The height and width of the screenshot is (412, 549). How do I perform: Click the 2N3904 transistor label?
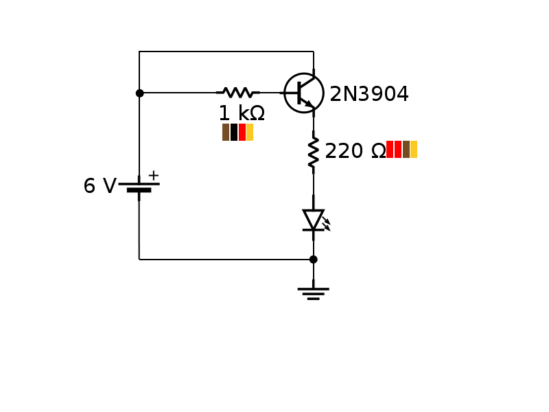pyautogui.click(x=369, y=94)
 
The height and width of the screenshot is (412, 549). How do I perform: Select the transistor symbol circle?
pyautogui.click(x=304, y=93)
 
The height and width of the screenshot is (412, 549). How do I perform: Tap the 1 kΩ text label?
pyautogui.click(x=241, y=113)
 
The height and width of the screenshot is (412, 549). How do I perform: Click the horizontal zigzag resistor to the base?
pyautogui.click(x=238, y=93)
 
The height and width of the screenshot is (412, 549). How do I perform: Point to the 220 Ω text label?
pyautogui.click(x=355, y=151)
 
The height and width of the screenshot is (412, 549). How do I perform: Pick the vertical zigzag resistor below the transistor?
pyautogui.click(x=314, y=152)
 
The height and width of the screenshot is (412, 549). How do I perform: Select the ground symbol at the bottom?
pyautogui.click(x=314, y=293)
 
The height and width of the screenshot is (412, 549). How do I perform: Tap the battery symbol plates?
pyautogui.click(x=139, y=187)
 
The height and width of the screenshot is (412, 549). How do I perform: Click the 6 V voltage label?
pyautogui.click(x=100, y=187)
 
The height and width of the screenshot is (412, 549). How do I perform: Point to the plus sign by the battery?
pyautogui.click(x=154, y=175)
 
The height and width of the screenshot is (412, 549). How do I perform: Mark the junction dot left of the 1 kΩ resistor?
pyautogui.click(x=139, y=93)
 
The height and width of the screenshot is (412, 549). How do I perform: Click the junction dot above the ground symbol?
pyautogui.click(x=314, y=260)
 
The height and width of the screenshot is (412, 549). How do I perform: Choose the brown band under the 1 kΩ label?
pyautogui.click(x=226, y=133)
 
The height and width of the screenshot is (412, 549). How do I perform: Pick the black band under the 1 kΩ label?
pyautogui.click(x=234, y=133)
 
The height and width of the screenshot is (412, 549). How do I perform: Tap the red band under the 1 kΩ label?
pyautogui.click(x=242, y=133)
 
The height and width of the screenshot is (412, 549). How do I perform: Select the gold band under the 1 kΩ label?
pyautogui.click(x=250, y=133)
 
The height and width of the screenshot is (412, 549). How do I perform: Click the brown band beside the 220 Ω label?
pyautogui.click(x=406, y=150)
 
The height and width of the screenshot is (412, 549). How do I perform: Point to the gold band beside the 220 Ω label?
pyautogui.click(x=414, y=150)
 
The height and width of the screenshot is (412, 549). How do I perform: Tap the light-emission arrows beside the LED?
pyautogui.click(x=327, y=223)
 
